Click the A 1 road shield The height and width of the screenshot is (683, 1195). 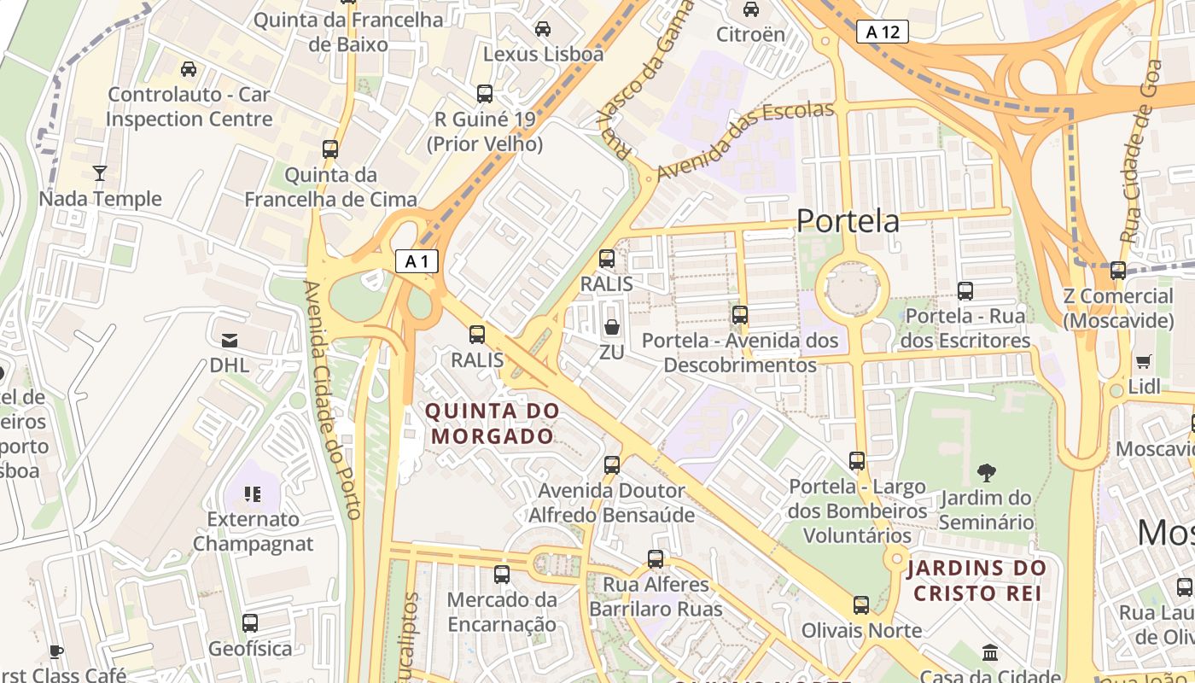(417, 261)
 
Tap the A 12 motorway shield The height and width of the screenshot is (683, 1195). (882, 32)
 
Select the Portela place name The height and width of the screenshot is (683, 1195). (848, 221)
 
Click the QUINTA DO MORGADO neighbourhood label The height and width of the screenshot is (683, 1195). (493, 423)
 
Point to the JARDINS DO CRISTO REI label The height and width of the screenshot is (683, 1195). (976, 581)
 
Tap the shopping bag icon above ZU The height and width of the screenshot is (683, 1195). (612, 327)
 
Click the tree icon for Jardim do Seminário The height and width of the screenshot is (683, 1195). (987, 472)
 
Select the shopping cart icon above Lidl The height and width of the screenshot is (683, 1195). (1143, 361)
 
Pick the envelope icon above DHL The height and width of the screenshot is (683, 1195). (230, 341)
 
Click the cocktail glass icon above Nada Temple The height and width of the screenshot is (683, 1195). (100, 173)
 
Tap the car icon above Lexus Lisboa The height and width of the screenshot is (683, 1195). (543, 29)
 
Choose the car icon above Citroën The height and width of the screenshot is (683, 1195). (751, 9)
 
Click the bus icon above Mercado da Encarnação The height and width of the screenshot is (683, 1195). (502, 575)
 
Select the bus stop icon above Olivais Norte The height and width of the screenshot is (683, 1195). (861, 605)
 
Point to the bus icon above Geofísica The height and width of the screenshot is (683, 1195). (250, 623)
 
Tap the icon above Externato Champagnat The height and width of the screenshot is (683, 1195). (252, 493)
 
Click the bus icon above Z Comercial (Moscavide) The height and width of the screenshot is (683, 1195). (1117, 271)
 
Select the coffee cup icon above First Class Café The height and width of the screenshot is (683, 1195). (56, 652)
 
